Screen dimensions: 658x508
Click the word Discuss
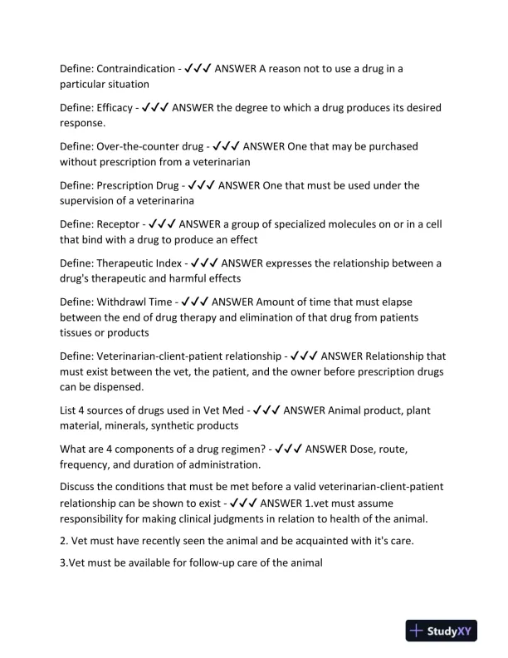point(80,488)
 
